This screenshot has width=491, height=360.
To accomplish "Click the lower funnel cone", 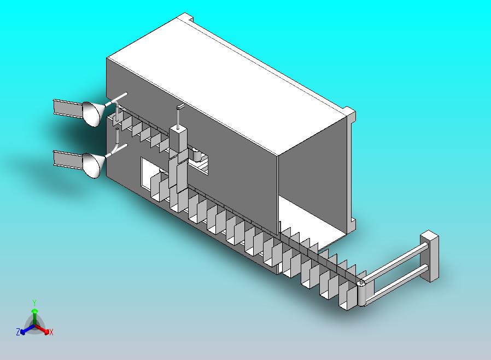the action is click(x=93, y=165).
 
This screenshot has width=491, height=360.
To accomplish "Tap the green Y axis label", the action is click(x=34, y=303).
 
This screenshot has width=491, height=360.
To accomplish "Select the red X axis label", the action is click(x=51, y=332).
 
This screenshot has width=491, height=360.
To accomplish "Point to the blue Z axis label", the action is click(x=18, y=332).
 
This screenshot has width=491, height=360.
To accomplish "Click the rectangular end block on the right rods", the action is click(x=429, y=256).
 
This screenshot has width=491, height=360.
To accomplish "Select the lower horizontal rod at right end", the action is click(x=396, y=283).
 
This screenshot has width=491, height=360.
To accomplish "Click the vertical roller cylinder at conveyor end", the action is click(x=361, y=294).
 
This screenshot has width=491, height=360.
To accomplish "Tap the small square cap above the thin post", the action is click(x=180, y=107).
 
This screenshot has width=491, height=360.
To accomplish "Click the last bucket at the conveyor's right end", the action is click(x=348, y=296).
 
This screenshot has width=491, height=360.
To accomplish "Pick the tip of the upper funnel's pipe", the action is click(x=126, y=94).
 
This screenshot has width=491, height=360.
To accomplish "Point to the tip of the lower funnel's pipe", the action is click(x=126, y=145).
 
